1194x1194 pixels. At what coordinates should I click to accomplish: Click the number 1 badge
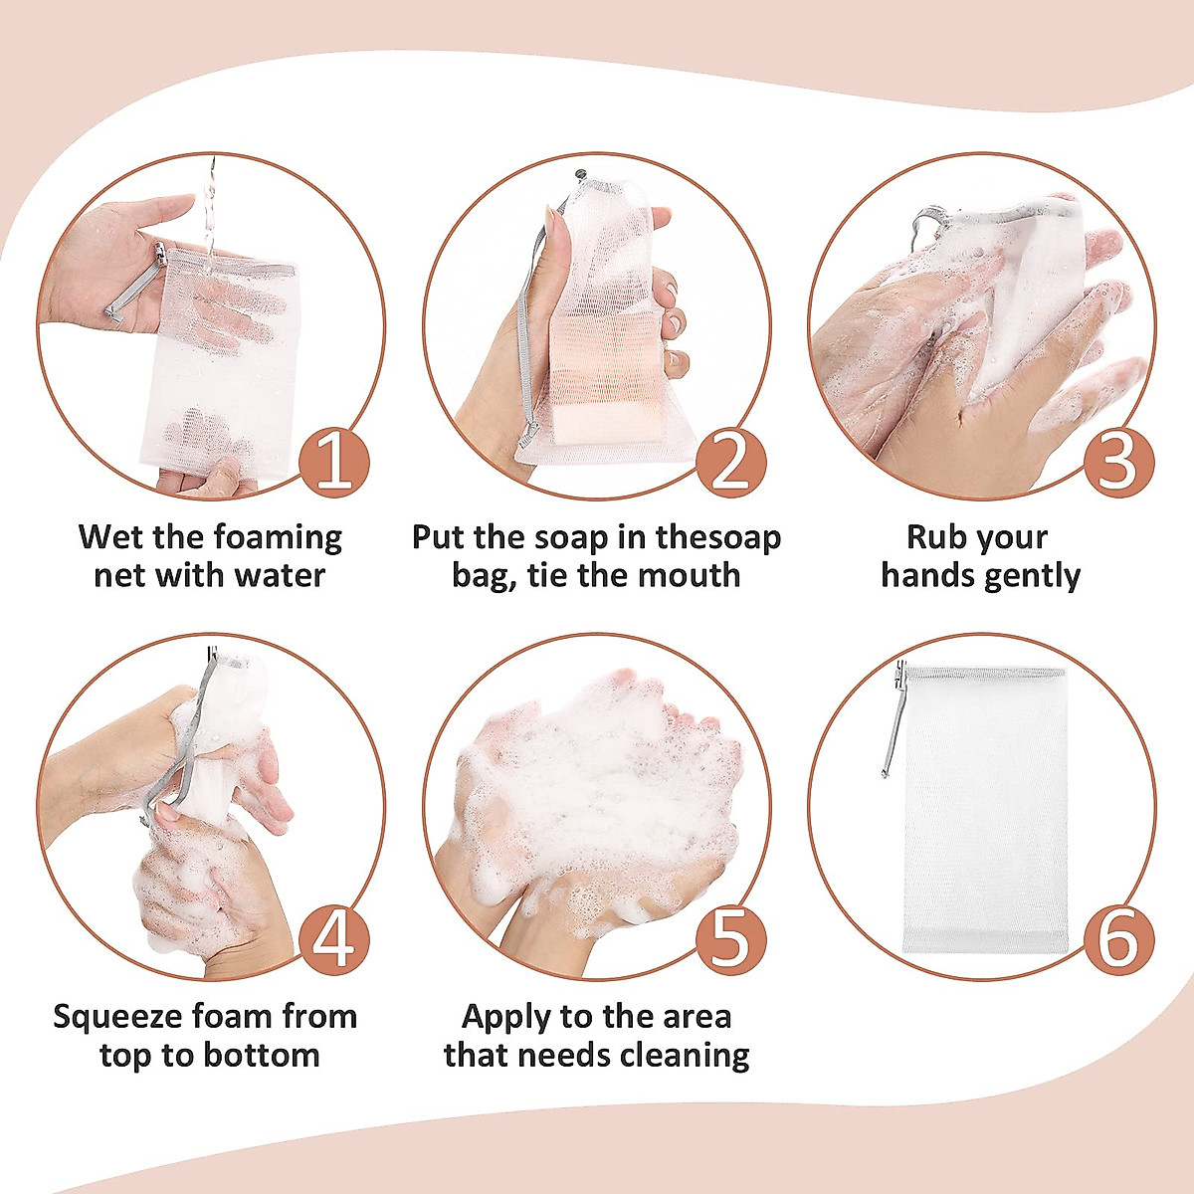334,463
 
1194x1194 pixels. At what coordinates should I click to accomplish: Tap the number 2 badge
730,463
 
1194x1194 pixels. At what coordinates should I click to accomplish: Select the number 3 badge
1118,463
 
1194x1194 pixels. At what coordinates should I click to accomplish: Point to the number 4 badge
334,940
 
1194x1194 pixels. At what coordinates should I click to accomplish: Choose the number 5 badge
730,940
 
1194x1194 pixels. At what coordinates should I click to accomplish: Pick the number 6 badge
1118,940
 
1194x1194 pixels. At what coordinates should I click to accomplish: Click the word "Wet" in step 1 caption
111,537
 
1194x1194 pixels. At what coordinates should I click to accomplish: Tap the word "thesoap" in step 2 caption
718,537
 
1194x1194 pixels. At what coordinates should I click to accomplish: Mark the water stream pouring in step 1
210,209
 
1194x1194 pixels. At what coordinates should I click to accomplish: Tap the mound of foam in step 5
597,786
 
